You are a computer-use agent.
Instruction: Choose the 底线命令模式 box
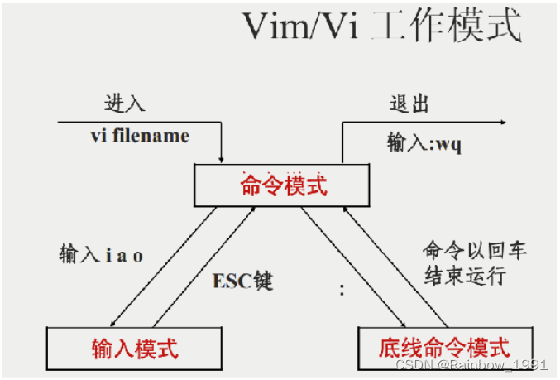coord(443,348)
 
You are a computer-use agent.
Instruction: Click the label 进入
coord(124,103)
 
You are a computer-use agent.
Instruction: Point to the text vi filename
coord(140,135)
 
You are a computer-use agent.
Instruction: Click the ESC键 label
coord(242,281)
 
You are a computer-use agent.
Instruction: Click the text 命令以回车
coord(474,250)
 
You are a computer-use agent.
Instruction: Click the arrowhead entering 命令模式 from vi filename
coord(222,158)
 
